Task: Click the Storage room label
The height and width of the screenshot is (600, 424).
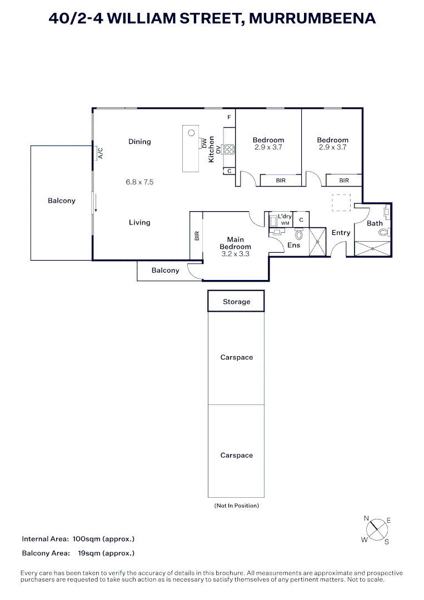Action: coord(236,302)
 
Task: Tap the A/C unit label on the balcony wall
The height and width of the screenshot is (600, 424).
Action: coord(101,153)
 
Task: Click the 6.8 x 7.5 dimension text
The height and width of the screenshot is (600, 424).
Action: coord(139,182)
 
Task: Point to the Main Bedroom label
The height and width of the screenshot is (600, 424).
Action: coord(235,243)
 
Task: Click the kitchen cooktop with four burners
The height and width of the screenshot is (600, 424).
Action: coord(229,149)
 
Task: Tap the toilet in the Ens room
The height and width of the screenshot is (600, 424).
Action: coord(298,236)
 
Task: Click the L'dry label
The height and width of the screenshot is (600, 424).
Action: coord(285,216)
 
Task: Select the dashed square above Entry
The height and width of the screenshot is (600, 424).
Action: coord(341,202)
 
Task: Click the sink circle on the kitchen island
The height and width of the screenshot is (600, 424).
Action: coord(191,133)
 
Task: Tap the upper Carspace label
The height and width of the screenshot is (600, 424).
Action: coord(236,357)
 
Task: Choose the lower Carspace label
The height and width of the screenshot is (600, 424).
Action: coord(236,455)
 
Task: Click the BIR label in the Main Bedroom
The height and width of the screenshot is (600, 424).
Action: coord(197,236)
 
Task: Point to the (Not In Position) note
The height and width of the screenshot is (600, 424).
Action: coord(236,506)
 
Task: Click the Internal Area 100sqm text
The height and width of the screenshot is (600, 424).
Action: coord(78,539)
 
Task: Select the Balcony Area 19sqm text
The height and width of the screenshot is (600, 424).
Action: coord(78,553)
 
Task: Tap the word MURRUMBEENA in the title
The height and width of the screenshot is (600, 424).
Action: coord(312,18)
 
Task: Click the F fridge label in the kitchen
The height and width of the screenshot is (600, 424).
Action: coord(229,118)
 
